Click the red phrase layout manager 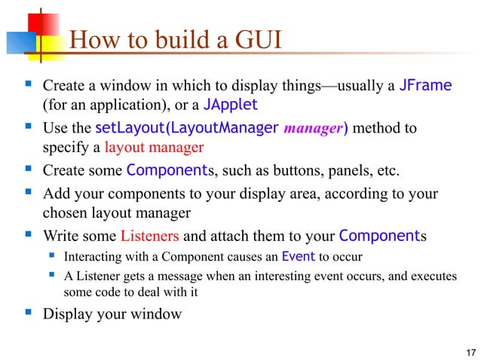154,146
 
